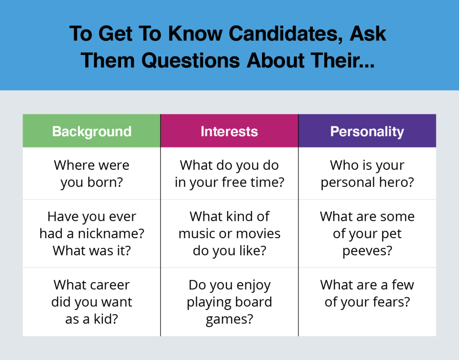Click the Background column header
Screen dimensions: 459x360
pyautogui.click(x=91, y=131)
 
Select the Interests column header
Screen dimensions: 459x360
pyautogui.click(x=229, y=131)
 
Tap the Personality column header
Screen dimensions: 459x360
pyautogui.click(x=367, y=131)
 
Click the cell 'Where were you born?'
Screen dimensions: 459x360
pyautogui.click(x=91, y=174)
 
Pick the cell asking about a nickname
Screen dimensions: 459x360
pyautogui.click(x=91, y=234)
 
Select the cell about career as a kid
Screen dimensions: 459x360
pyautogui.click(x=91, y=302)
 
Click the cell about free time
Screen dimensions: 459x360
pyautogui.click(x=229, y=174)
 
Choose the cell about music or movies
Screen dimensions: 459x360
pyautogui.click(x=229, y=234)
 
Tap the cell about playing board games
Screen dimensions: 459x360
pyautogui.click(x=229, y=302)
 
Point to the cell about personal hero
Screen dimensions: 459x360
pyautogui.click(x=367, y=174)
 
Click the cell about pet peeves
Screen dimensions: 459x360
pyautogui.click(x=367, y=234)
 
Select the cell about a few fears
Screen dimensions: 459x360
pyautogui.click(x=367, y=302)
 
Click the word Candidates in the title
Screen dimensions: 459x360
pyautogui.click(x=286, y=34)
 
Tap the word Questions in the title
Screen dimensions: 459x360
pyautogui.click(x=191, y=60)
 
